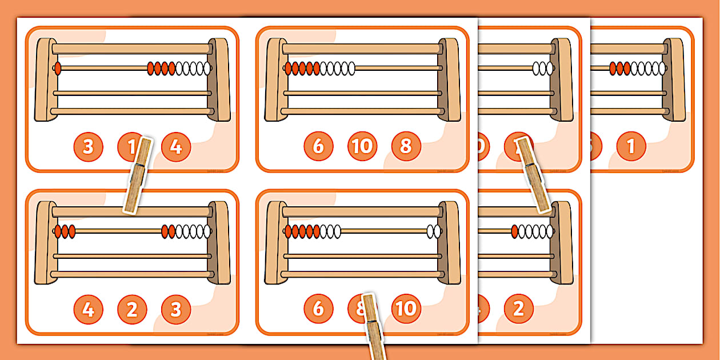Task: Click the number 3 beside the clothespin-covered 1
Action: point(88,147)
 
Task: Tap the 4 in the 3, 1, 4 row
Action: point(176,147)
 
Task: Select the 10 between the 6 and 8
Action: point(362,146)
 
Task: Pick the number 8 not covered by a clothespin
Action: point(406,146)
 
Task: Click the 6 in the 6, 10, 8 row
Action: point(318,146)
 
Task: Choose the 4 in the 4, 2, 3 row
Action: point(88,309)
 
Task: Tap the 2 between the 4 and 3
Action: point(132,309)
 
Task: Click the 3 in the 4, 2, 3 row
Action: point(176,309)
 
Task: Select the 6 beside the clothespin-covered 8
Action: point(318,309)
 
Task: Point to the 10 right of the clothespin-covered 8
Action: point(406,309)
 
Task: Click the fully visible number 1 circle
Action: point(631,147)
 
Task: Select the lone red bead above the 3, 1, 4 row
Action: point(57,69)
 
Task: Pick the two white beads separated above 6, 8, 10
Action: point(434,231)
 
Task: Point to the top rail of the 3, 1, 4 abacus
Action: point(132,49)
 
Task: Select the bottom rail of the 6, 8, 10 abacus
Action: point(362,274)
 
